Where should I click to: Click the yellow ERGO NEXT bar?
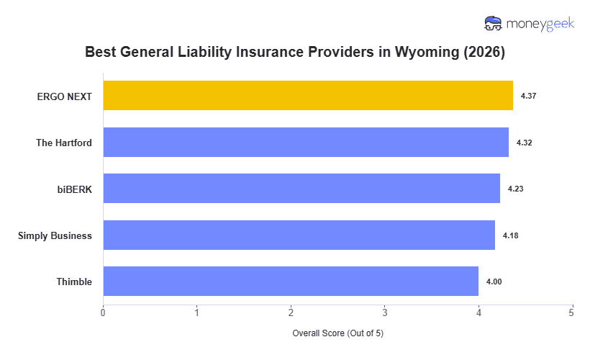[x=308, y=96]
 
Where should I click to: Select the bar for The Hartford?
[x=306, y=143]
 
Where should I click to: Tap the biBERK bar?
[x=301, y=189]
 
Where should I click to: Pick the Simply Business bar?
[x=299, y=235]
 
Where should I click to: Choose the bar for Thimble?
[x=291, y=282]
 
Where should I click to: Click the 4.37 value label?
[x=529, y=96]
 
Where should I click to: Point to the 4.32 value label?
[x=525, y=143]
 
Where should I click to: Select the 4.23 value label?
[x=516, y=189]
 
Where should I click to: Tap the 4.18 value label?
[x=511, y=235]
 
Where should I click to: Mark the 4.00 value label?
[x=494, y=282]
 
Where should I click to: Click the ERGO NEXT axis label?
[x=65, y=96]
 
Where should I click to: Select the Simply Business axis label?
[x=55, y=235]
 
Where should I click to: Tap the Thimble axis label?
[x=74, y=282]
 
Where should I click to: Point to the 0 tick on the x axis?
[x=103, y=312]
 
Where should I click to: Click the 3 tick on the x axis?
[x=385, y=312]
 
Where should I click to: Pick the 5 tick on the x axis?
[x=572, y=312]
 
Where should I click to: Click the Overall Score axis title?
[x=337, y=333]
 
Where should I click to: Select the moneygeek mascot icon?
[x=494, y=24]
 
